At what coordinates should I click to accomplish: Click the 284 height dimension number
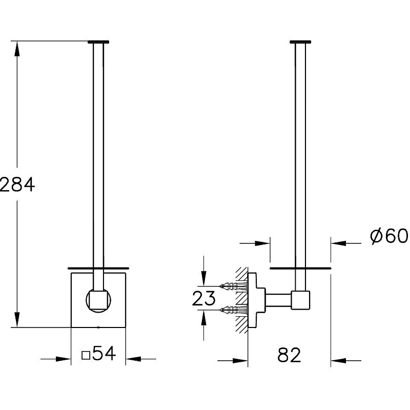click(x=17, y=184)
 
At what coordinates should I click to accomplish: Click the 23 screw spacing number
click(x=203, y=298)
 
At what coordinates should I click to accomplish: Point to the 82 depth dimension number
click(x=289, y=355)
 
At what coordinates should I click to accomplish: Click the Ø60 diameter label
click(x=389, y=236)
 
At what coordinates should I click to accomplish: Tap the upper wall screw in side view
click(x=234, y=286)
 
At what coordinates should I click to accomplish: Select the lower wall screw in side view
click(x=234, y=310)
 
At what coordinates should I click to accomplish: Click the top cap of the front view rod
click(x=98, y=42)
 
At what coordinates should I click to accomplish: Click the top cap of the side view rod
click(x=300, y=42)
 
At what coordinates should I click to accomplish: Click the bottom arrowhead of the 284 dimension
click(x=17, y=319)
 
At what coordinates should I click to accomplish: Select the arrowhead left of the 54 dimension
click(x=64, y=359)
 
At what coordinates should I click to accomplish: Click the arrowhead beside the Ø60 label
click(x=339, y=243)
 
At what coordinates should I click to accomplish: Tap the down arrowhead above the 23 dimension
click(x=203, y=278)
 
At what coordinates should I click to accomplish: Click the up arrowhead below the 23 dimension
click(x=203, y=317)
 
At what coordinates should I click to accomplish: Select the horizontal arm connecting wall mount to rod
click(x=278, y=300)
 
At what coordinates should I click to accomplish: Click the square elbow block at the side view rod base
click(x=300, y=300)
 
